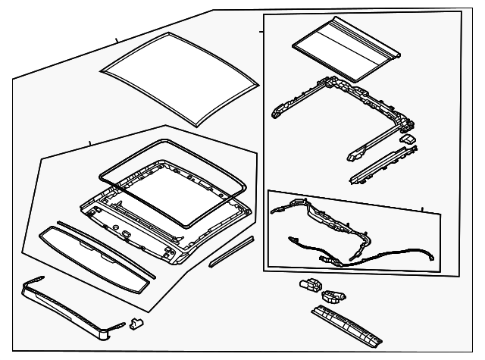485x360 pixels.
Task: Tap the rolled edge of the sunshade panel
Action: [x=393, y=55]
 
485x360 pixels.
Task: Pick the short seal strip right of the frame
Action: [x=230, y=251]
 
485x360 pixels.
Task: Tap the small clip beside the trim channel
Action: [x=136, y=324]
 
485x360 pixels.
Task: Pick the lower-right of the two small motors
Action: [x=334, y=295]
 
